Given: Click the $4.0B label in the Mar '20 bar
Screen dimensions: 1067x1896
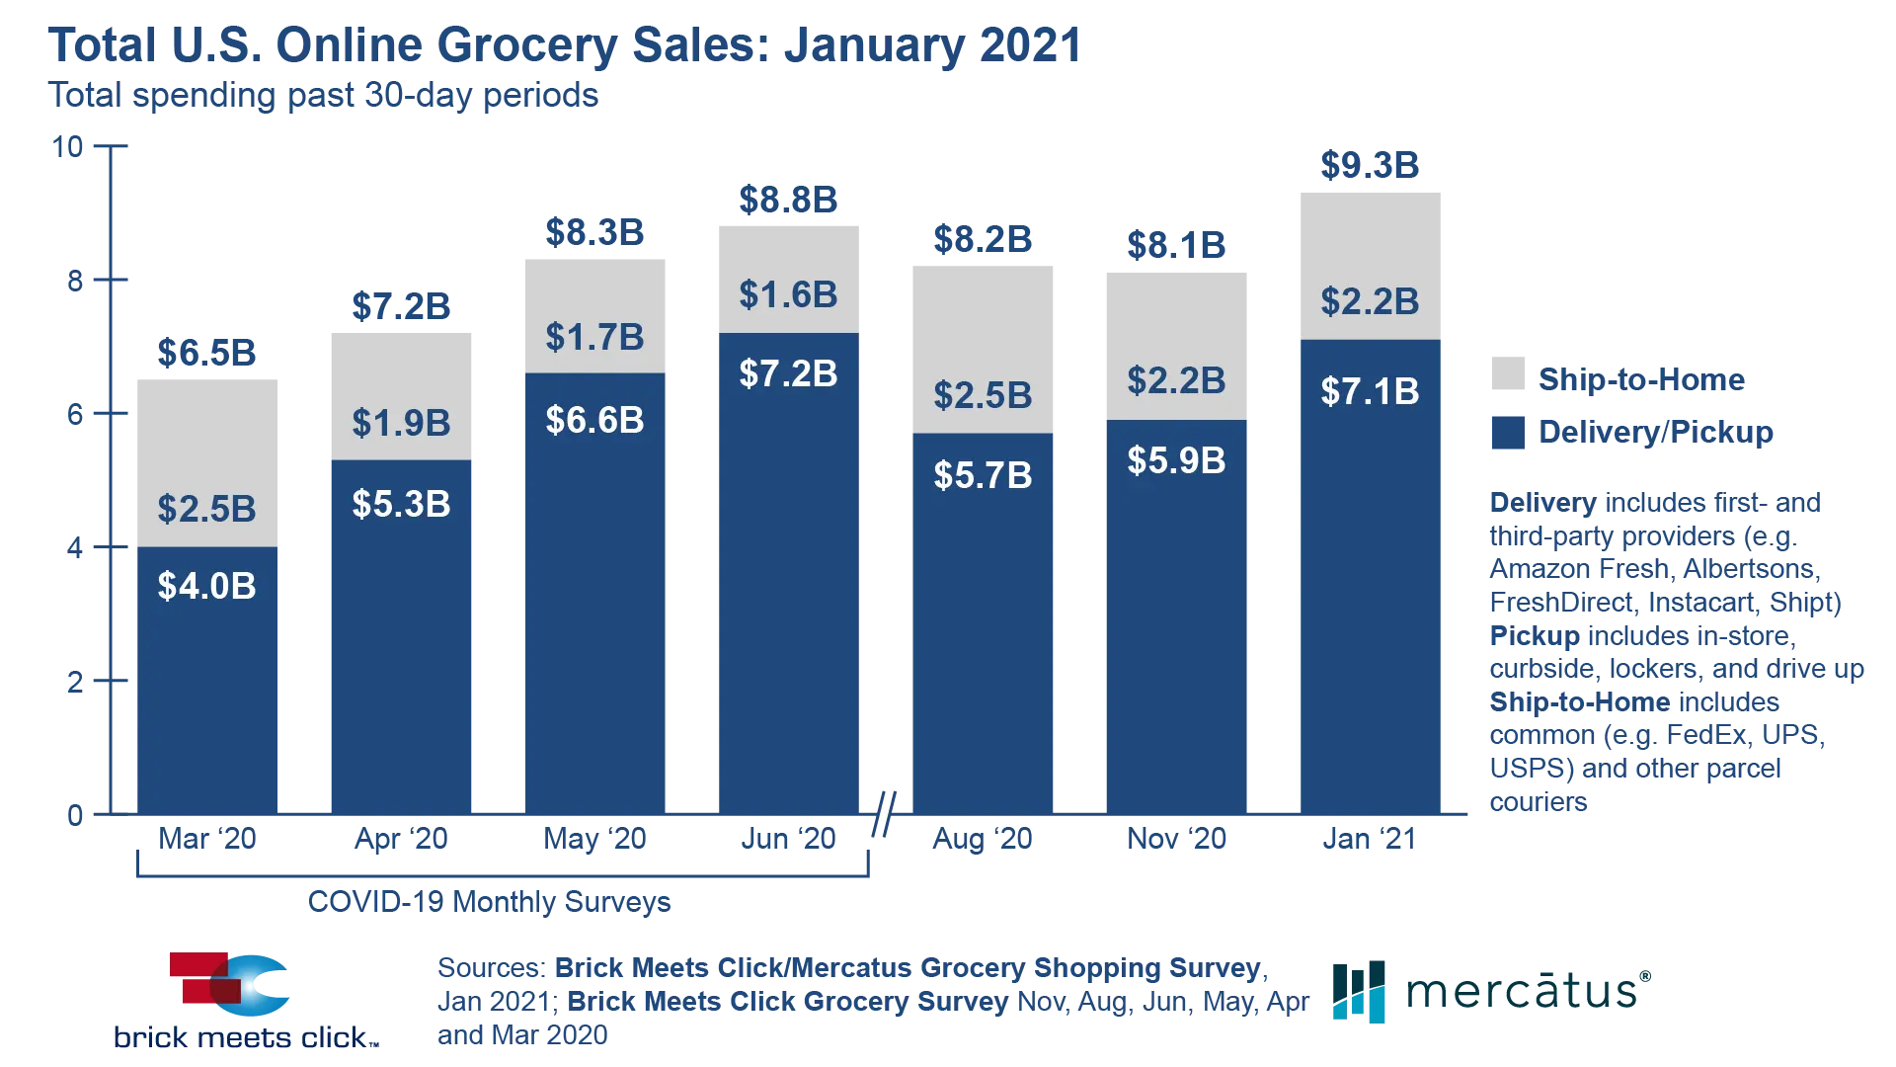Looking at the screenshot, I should [x=207, y=586].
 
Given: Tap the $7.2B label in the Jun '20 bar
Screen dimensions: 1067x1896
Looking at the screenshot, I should [x=788, y=373].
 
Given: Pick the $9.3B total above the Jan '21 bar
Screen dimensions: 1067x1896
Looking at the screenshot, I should [x=1370, y=165].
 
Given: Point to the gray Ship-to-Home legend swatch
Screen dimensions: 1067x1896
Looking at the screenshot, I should [x=1504, y=376].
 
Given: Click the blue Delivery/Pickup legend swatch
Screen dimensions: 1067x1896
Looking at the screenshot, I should [x=1504, y=432].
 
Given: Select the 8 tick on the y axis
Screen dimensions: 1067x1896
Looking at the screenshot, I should [x=76, y=282].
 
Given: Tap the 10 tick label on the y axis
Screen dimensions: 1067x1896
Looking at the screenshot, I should [x=69, y=147].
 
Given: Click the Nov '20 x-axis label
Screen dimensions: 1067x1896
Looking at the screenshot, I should [x=1176, y=840].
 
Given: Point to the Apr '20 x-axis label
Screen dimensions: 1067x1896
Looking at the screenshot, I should [x=401, y=840].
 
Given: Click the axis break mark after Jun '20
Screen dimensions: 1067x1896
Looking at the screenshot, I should [x=885, y=814].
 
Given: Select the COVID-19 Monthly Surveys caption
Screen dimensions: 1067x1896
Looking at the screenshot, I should [x=489, y=902].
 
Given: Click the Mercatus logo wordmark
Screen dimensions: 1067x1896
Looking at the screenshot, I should [x=1526, y=991].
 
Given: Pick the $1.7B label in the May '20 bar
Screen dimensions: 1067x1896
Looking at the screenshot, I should [x=594, y=337].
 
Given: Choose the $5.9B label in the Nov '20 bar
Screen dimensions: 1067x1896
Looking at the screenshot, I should [x=1176, y=460].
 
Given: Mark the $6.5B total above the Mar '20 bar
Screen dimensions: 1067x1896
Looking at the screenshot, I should [x=207, y=353].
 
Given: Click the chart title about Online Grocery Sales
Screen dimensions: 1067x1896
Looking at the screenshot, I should [x=565, y=44].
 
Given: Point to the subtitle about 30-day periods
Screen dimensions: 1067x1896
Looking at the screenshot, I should [x=324, y=97].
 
